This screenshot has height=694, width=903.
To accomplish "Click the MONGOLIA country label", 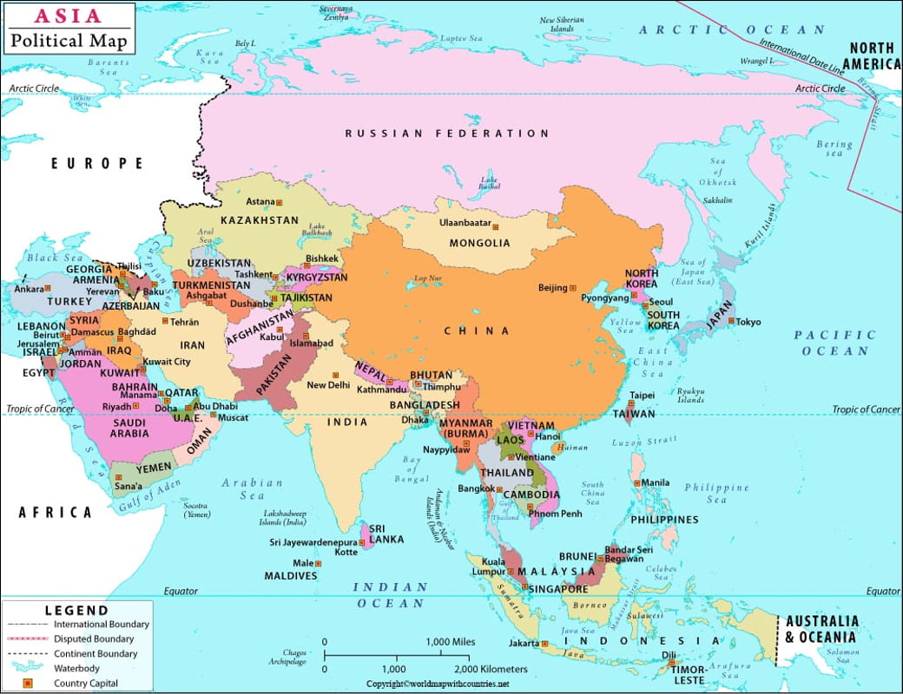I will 479,244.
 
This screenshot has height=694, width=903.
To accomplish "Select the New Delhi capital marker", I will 335,375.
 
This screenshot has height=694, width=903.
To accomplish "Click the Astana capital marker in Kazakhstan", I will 280,202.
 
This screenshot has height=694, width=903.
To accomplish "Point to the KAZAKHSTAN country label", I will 259,220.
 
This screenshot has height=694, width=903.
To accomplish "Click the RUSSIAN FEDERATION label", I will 447,134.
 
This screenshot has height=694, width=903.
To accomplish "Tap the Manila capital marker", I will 636,482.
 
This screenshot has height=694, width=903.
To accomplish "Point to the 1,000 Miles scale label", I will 450,642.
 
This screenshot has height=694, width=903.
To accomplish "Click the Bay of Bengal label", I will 411,468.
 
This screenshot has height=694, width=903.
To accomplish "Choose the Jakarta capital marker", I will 544,644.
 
